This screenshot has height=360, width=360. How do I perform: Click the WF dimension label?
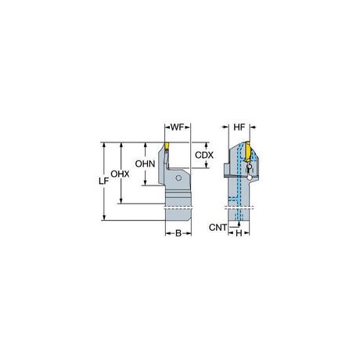point(178,128)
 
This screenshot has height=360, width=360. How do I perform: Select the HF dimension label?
point(239,128)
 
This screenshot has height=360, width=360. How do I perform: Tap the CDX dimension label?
point(204,155)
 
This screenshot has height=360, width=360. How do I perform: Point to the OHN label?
point(145,164)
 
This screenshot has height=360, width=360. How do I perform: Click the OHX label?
point(120,174)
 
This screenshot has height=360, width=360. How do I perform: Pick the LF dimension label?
point(103,181)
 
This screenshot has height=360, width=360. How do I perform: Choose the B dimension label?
point(178,233)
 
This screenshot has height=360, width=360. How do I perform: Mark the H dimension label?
point(239,233)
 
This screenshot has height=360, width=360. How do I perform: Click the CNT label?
point(218,228)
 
